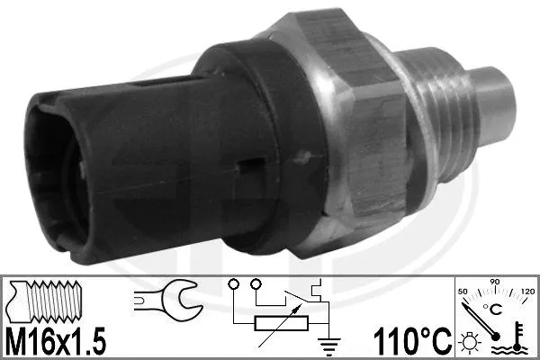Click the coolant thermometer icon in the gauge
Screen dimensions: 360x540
[518, 337]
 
